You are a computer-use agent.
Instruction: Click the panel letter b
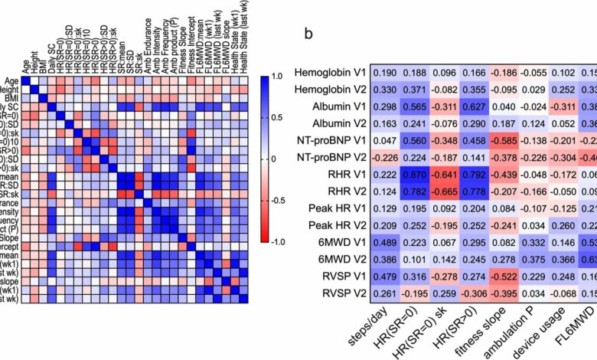pyautogui.click(x=308, y=35)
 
